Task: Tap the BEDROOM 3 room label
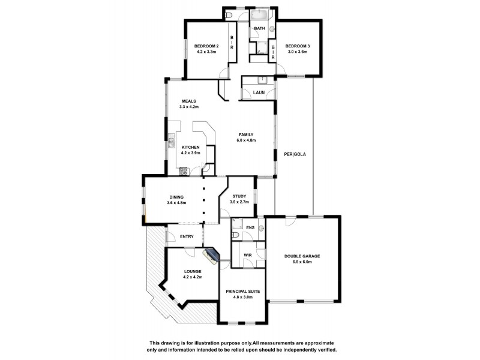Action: click(296, 46)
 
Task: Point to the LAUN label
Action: click(259, 92)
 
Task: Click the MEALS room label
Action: click(189, 101)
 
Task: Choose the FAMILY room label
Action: click(246, 134)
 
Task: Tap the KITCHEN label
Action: click(191, 148)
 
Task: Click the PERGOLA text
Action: click(295, 154)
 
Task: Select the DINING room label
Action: click(176, 197)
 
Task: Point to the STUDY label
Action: click(239, 196)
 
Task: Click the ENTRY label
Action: click(187, 236)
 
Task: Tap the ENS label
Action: click(250, 229)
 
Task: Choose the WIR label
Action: click(247, 255)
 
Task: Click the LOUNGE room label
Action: click(193, 272)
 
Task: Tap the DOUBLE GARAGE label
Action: click(302, 256)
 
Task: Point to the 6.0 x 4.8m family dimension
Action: click(246, 140)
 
